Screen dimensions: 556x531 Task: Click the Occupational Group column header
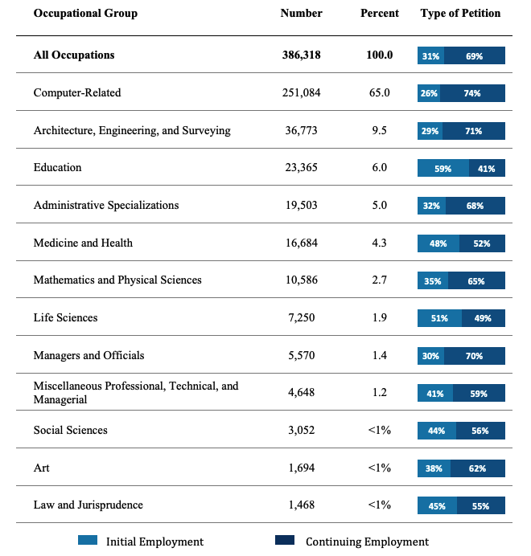85,13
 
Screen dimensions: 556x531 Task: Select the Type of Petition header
460,13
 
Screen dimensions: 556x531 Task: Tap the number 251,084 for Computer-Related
302,92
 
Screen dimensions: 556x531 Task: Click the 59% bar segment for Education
443,168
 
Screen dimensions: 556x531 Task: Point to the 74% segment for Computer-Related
472,93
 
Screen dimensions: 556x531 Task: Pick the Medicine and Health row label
83,243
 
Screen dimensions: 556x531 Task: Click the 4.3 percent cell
380,243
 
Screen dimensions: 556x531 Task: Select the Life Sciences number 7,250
302,317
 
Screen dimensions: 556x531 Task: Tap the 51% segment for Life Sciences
439,318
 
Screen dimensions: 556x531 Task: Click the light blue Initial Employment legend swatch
88,540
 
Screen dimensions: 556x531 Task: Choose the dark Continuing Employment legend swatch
285,540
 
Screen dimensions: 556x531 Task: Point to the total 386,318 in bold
302,55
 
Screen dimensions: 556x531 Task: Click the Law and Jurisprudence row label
88,505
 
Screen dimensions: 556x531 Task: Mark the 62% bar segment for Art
478,468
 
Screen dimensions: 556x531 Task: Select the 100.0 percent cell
380,55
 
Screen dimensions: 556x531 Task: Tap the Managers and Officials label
88,355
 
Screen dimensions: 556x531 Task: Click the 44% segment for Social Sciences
437,431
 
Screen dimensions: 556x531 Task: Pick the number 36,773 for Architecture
302,130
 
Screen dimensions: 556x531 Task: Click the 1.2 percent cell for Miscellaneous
380,392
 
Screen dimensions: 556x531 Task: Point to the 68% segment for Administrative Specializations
475,206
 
